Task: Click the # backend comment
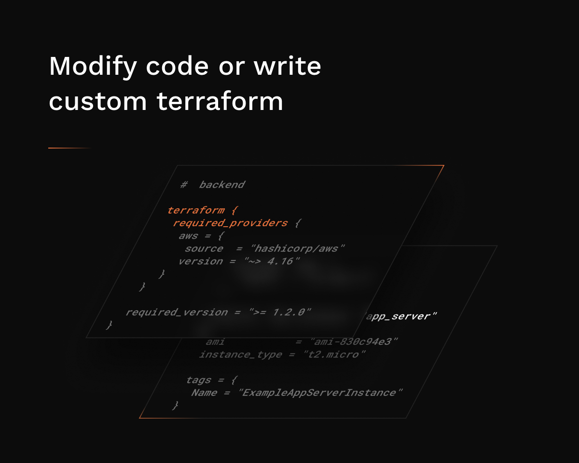tap(213, 185)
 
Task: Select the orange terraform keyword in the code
tap(195, 210)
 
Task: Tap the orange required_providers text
tap(230, 223)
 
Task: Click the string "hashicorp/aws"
tap(300, 248)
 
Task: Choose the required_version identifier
tap(177, 312)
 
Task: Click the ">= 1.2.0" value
tap(280, 312)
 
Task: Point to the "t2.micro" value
tap(334, 354)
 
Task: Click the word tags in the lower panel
tap(199, 380)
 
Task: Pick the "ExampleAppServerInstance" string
tap(320, 393)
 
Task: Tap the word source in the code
tap(204, 248)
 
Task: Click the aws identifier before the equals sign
tap(188, 236)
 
